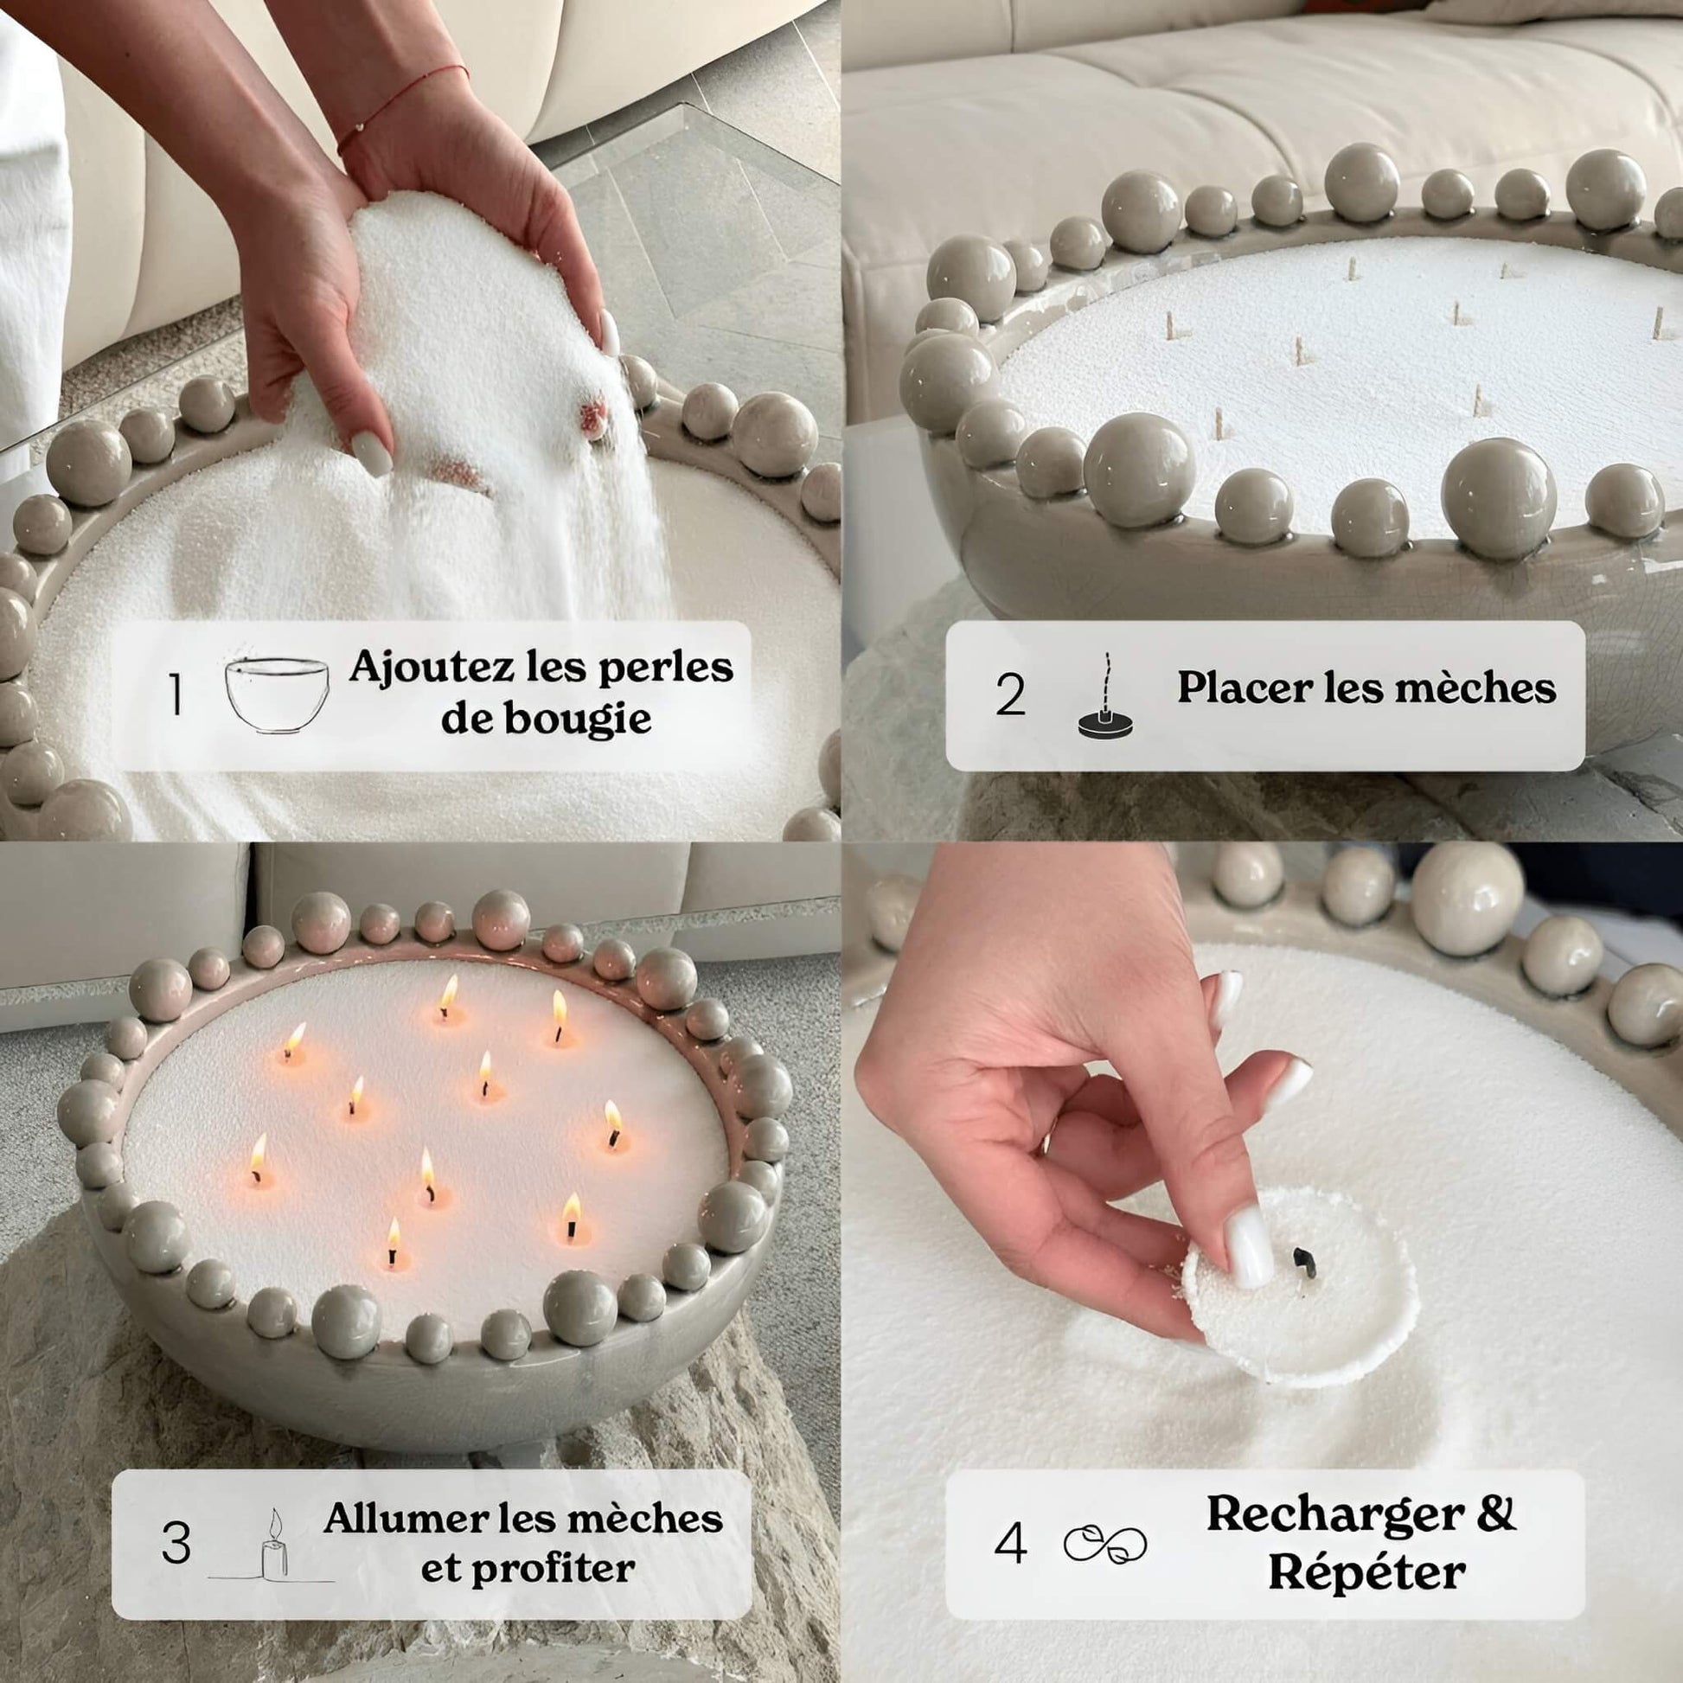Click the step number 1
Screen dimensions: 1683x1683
[x=176, y=695]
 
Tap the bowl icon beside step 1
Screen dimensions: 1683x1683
[x=277, y=694]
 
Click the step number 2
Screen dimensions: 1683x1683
[x=1010, y=695]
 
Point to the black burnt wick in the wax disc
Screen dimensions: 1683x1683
[x=1304, y=1259]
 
